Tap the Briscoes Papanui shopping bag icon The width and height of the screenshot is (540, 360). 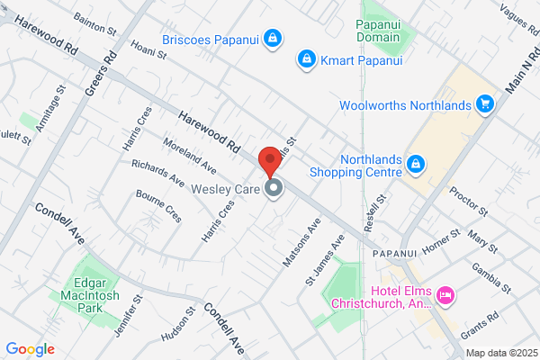tap(273, 39)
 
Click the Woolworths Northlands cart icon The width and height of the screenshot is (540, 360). tap(485, 104)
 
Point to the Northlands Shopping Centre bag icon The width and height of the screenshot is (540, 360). tap(416, 164)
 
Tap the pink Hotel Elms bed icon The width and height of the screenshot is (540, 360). tap(445, 295)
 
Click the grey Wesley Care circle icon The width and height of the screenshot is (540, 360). tap(273, 189)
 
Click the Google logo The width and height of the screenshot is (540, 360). tap(30, 349)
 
